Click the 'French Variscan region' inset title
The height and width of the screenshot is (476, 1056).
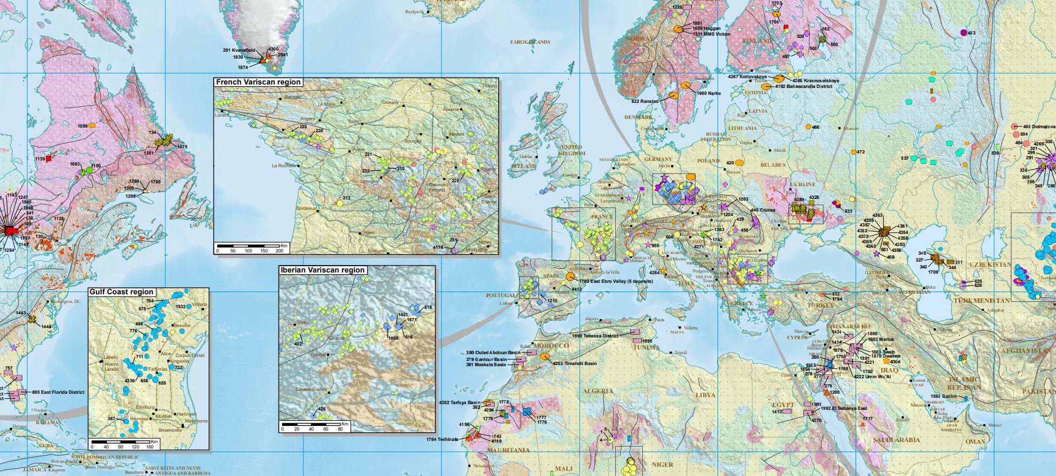click(258, 82)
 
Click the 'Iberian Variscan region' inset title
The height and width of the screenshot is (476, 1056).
click(322, 270)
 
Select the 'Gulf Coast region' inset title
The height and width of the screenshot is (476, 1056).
click(121, 292)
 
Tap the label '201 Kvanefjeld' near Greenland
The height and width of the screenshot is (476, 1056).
click(238, 51)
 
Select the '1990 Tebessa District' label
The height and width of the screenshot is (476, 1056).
click(596, 336)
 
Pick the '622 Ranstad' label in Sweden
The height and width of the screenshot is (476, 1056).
click(645, 101)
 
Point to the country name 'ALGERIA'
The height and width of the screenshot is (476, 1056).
click(598, 391)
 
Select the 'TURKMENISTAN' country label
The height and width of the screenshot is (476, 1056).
click(981, 301)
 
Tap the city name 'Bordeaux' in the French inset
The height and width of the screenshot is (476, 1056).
click(305, 208)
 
